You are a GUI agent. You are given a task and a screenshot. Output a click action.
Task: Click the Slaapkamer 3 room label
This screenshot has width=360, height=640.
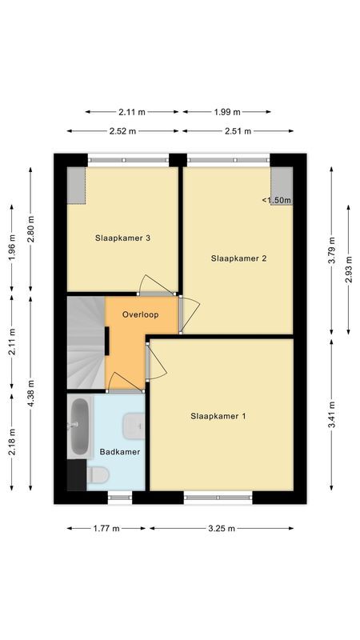click(123, 237)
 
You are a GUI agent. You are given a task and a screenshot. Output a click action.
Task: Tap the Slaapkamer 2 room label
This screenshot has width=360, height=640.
click(238, 258)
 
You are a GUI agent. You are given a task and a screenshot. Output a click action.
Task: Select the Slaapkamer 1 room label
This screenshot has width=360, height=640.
click(218, 416)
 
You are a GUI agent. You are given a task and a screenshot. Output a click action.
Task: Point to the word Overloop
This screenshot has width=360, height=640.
click(141, 315)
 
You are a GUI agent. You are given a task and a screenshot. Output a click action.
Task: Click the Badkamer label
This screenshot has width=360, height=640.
click(120, 452)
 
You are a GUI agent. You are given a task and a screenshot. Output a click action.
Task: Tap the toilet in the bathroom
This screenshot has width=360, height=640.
click(98, 475)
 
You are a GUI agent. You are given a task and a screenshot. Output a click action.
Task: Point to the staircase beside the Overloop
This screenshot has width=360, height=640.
click(85, 342)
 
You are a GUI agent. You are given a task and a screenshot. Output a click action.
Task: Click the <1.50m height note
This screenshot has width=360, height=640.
click(276, 200)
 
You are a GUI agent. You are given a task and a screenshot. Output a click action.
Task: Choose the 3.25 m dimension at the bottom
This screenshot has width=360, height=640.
click(221, 528)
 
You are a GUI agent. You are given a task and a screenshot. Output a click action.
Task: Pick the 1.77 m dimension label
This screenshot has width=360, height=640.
click(106, 528)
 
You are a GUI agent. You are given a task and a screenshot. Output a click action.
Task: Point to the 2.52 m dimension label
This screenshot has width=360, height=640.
click(123, 131)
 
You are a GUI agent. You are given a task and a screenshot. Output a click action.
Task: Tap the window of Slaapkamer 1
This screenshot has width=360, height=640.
click(218, 498)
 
